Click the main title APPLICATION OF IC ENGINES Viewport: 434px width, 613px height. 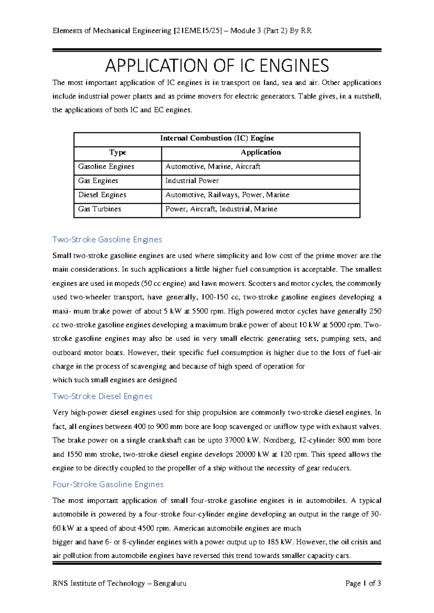pyautogui.click(x=217, y=66)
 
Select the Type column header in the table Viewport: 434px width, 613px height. pyautogui.click(x=118, y=153)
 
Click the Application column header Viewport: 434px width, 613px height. pyautogui.click(x=261, y=153)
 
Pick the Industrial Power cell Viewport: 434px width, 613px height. pyautogui.click(x=192, y=181)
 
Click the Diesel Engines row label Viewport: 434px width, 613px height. pyautogui.click(x=102, y=195)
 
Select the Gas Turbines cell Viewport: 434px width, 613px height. pyautogui.click(x=99, y=209)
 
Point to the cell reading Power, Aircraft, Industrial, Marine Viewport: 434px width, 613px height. pyautogui.click(x=221, y=209)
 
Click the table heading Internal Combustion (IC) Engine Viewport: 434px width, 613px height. pyautogui.click(x=217, y=138)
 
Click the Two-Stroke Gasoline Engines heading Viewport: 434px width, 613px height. pyautogui.click(x=107, y=240)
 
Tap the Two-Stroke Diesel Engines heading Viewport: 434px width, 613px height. pyautogui.click(x=102, y=396)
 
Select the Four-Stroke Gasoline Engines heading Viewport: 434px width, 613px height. pyautogui.click(x=108, y=484)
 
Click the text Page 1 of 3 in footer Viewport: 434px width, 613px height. pyautogui.click(x=363, y=583)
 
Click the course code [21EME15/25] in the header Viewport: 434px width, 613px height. pyautogui.click(x=198, y=31)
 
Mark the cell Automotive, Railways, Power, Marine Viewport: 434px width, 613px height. pyautogui.click(x=227, y=195)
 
